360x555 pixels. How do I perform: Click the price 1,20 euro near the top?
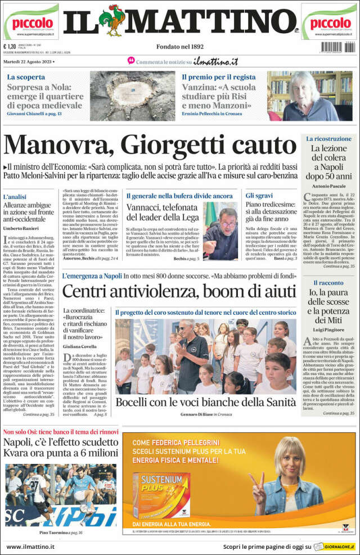(x=10, y=47)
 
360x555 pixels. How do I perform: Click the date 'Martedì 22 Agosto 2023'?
(x=29, y=61)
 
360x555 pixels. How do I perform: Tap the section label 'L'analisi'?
(x=15, y=197)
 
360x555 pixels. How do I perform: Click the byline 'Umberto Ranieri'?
(x=21, y=229)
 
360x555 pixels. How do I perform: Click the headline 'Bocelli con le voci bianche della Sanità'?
(x=205, y=402)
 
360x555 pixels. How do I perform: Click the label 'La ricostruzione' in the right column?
(x=328, y=138)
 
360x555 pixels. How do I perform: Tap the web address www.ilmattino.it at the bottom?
(x=30, y=546)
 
